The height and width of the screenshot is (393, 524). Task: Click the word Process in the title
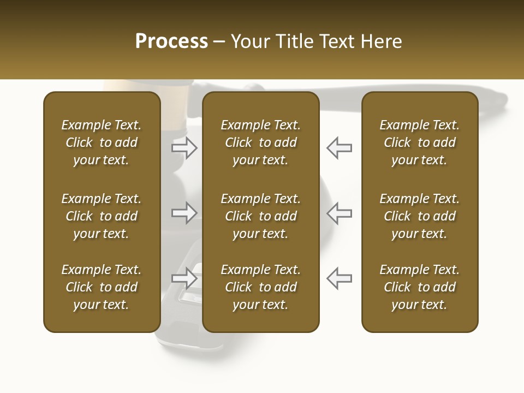coord(171,41)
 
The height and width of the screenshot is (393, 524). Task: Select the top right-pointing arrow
coord(184,148)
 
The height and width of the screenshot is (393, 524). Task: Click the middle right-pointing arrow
coord(184,213)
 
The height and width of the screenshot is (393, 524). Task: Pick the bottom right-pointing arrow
coord(184,278)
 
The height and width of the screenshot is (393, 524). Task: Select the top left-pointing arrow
coord(339,148)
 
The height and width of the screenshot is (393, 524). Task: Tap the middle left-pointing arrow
coord(339,213)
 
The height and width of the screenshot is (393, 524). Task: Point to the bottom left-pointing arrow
coord(339,278)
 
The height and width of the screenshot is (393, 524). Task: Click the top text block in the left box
coord(102,142)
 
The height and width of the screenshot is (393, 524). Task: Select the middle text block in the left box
coord(102,216)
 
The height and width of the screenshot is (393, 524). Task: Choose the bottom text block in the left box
coord(102,287)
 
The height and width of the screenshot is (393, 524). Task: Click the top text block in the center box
coord(260,142)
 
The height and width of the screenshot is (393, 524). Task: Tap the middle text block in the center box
coord(260,216)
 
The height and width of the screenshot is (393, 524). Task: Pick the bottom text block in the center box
coord(260,287)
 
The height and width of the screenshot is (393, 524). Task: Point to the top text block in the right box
coord(419,142)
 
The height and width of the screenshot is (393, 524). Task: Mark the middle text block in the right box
coord(419,216)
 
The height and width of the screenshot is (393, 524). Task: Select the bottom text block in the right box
coord(419,287)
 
